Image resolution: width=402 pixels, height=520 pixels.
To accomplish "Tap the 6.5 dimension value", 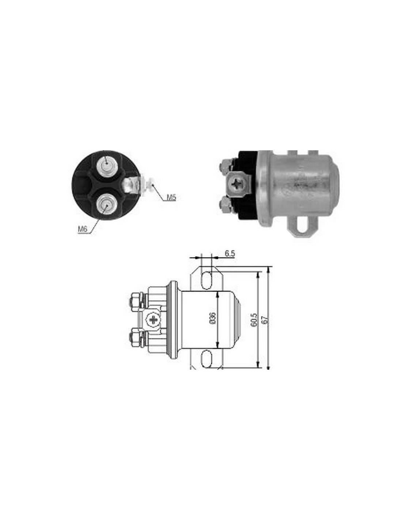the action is point(229,254).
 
